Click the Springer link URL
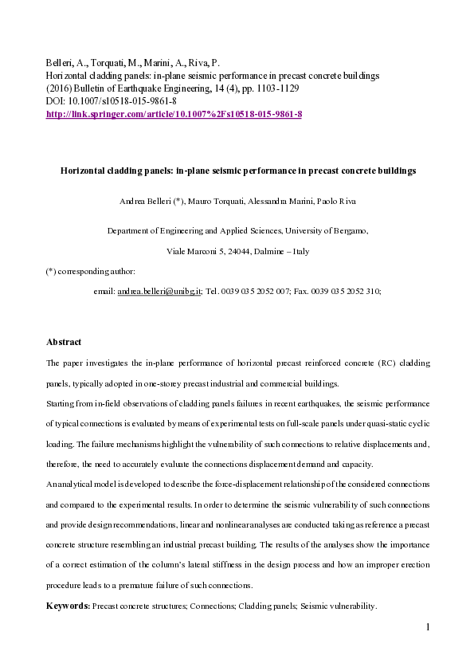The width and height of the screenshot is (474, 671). pyautogui.click(x=174, y=115)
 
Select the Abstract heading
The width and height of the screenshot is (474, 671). pyautogui.click(x=64, y=342)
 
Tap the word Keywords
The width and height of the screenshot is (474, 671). pyautogui.click(x=68, y=606)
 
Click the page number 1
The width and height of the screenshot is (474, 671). pyautogui.click(x=428, y=627)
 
